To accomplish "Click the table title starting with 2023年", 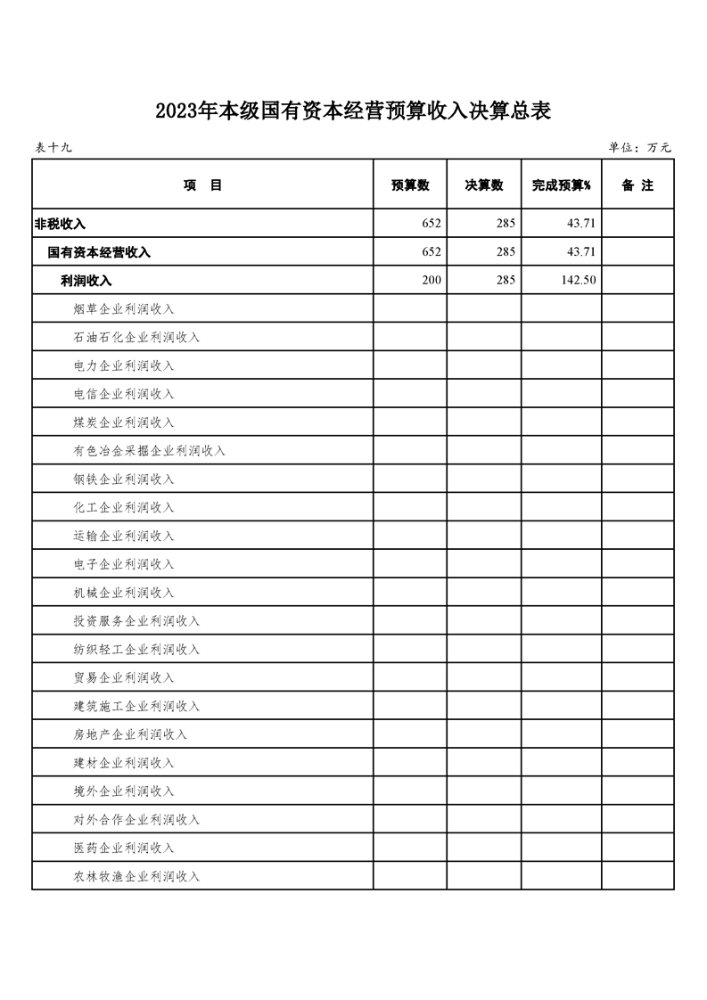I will [353, 111].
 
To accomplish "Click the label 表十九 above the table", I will [53, 148].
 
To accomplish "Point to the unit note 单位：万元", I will [639, 148].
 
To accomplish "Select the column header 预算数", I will [410, 185].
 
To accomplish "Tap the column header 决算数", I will [484, 185].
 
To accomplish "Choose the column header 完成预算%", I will [562, 185].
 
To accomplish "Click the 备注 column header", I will [637, 185].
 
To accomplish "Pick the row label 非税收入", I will [60, 224].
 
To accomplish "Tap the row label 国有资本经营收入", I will [99, 252].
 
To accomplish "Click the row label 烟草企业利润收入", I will [124, 309].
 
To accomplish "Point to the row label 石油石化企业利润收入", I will [136, 338].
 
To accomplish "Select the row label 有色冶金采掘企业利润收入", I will [150, 451].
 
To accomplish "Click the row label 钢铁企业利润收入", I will [124, 480].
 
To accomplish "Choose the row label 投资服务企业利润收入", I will [136, 621].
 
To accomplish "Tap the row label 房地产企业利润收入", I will [130, 734].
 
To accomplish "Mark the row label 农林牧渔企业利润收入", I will [136, 876].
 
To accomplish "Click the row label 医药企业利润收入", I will [124, 848].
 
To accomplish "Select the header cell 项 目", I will [202, 185].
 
